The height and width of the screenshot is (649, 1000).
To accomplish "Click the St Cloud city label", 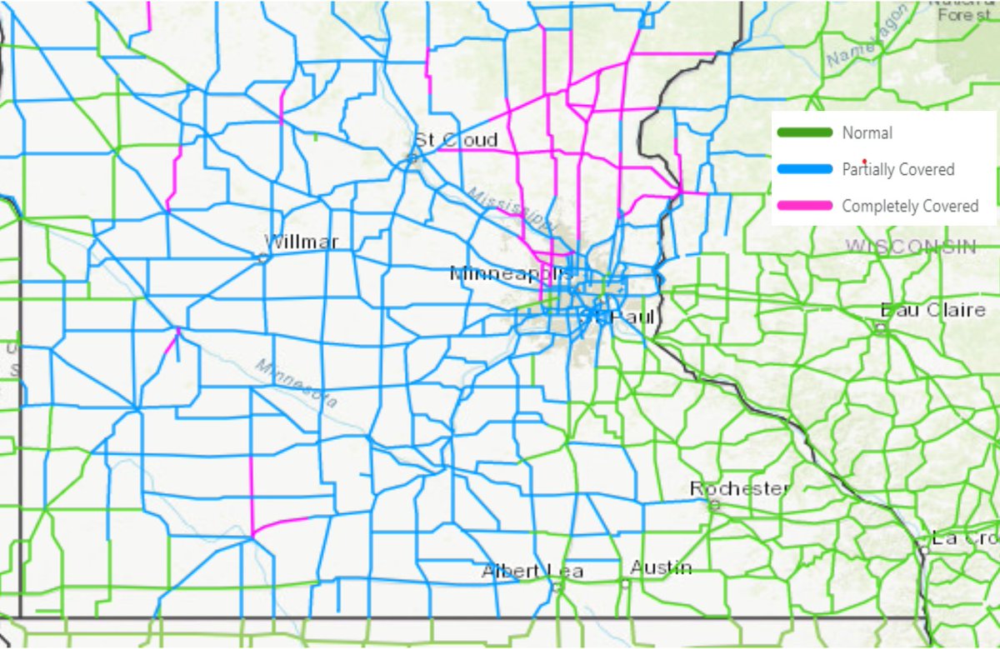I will coord(457,139).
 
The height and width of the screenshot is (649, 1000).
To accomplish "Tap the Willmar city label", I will coord(302,242).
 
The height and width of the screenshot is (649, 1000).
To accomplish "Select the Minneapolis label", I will coord(511,273).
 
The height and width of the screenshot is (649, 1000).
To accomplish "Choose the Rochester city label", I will coord(739,488).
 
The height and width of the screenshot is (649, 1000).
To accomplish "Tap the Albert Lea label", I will coord(532,572).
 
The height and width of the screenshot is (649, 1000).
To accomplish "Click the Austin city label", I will coord(661,567).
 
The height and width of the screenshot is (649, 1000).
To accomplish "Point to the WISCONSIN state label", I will coord(910,246).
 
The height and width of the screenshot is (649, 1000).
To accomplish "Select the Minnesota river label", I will coord(297,382).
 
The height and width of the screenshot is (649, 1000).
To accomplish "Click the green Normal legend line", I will coord(804,132).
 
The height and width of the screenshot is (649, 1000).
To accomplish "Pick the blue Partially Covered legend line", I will coord(804,169).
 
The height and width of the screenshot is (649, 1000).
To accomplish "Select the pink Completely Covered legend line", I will coord(804,205).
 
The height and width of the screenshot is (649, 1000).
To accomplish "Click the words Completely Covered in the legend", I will coord(910,206).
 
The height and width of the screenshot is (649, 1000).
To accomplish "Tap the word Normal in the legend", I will coord(867,132).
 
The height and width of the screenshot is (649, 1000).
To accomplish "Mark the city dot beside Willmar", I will coord(263,257).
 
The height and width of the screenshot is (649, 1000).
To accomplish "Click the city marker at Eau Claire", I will coord(880,327).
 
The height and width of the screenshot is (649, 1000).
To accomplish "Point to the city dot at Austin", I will coord(626,582).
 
